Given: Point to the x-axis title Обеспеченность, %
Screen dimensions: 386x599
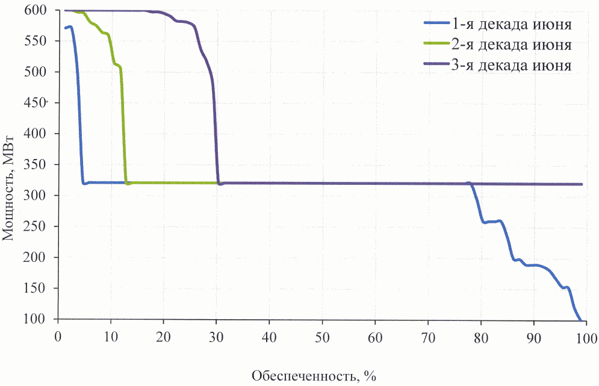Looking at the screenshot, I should click(x=313, y=377).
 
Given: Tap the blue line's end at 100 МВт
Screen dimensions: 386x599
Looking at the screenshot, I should click(x=580, y=319).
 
